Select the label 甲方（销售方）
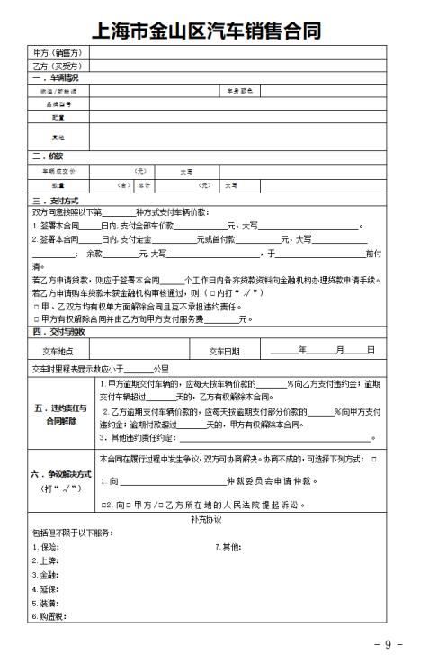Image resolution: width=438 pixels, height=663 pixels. (x=58, y=53)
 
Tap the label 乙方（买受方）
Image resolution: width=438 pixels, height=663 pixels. (x=58, y=66)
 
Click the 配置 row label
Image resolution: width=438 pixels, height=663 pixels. (x=59, y=117)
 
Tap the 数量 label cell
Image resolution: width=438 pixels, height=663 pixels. (x=59, y=185)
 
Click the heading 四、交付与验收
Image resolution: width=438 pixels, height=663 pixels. (x=58, y=332)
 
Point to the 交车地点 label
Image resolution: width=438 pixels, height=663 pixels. (x=59, y=350)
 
